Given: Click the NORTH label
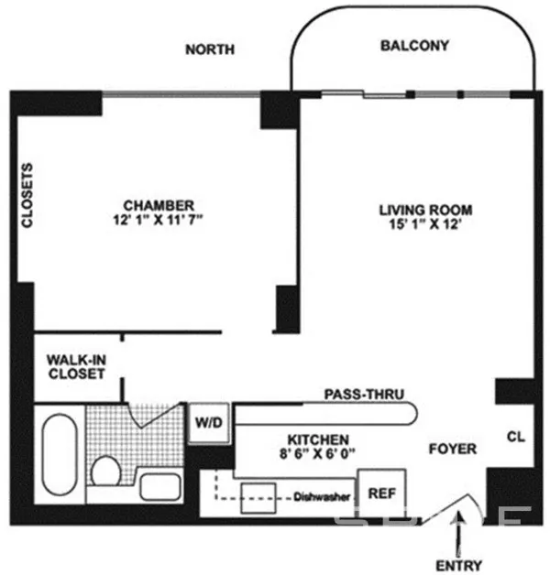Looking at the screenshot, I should [210, 49].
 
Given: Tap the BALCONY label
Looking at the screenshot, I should [414, 45].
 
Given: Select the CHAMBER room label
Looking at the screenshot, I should [159, 205].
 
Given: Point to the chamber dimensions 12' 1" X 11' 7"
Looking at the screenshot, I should [159, 221].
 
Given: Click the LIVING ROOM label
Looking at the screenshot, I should [426, 211].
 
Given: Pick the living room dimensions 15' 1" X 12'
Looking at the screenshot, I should [426, 226].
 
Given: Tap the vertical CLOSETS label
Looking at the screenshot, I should [27, 196].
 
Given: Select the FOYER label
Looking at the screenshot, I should [453, 449].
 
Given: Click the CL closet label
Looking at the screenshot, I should [516, 438].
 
